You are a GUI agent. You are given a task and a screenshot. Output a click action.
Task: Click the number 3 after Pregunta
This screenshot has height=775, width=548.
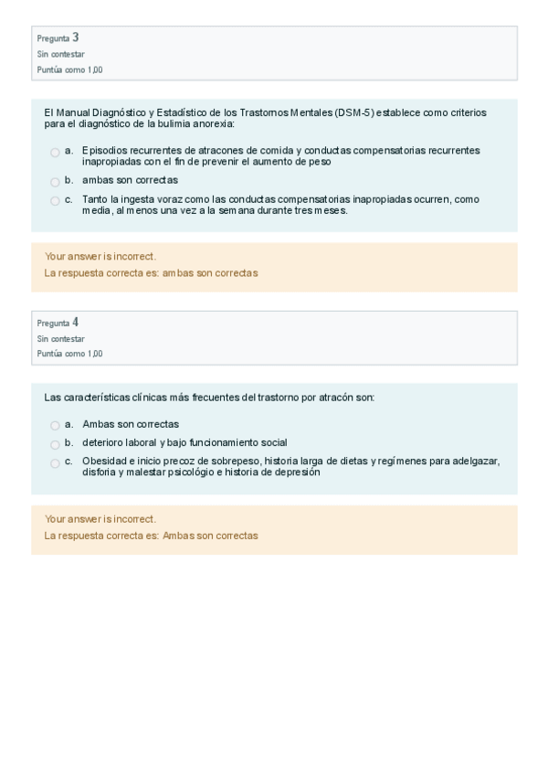76,37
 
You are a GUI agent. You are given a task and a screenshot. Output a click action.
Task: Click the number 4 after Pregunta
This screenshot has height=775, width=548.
76,322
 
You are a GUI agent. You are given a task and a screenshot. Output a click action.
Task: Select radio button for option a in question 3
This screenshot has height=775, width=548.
55,153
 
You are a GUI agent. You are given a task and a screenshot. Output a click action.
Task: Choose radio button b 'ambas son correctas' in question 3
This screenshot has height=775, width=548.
55,182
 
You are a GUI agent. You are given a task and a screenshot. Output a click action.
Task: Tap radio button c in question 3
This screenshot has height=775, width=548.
55,201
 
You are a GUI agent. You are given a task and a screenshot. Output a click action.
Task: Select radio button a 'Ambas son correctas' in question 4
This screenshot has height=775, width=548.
55,426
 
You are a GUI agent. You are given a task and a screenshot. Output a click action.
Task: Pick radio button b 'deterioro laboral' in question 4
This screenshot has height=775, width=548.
55,444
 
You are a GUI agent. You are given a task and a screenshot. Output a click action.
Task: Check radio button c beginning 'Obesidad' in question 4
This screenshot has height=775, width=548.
55,463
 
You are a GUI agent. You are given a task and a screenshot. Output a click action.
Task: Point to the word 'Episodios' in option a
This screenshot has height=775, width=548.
103,150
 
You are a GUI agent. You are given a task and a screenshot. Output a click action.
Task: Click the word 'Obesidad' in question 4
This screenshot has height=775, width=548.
103,461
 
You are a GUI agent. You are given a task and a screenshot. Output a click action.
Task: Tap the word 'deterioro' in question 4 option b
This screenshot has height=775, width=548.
102,442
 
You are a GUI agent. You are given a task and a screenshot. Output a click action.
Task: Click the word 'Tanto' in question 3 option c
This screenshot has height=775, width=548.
95,199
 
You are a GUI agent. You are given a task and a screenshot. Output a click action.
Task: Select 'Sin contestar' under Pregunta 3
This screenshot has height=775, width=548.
61,54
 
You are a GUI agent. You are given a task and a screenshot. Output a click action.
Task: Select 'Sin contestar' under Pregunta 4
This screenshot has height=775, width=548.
61,338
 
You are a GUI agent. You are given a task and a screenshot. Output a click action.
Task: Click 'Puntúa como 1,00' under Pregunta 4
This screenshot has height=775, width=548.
70,354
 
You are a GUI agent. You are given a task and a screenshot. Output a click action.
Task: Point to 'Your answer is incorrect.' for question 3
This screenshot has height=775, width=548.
100,257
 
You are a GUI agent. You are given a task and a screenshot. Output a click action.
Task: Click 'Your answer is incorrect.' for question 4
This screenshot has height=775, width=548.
100,519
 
